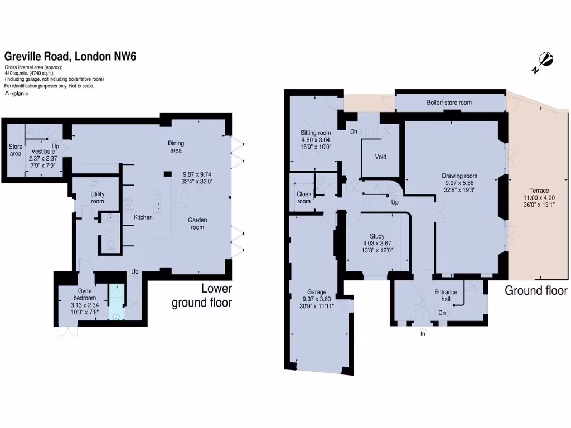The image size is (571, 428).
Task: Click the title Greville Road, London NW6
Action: [70, 56]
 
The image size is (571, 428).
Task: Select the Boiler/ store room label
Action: [449, 103]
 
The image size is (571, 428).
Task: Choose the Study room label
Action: [370, 236]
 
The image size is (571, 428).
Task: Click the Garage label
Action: [316, 291]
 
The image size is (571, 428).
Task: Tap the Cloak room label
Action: [304, 197]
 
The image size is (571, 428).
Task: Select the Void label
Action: [380, 157]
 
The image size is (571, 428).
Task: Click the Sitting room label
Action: [316, 133]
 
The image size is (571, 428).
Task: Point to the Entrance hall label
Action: [446, 296]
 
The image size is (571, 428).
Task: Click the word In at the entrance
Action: [423, 334]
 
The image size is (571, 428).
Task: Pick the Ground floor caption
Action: [535, 290]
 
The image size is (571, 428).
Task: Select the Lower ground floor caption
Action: [201, 296]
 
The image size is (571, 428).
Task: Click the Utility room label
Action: [98, 197]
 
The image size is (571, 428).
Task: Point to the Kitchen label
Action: [143, 217]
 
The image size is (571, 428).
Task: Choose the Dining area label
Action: [176, 147]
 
